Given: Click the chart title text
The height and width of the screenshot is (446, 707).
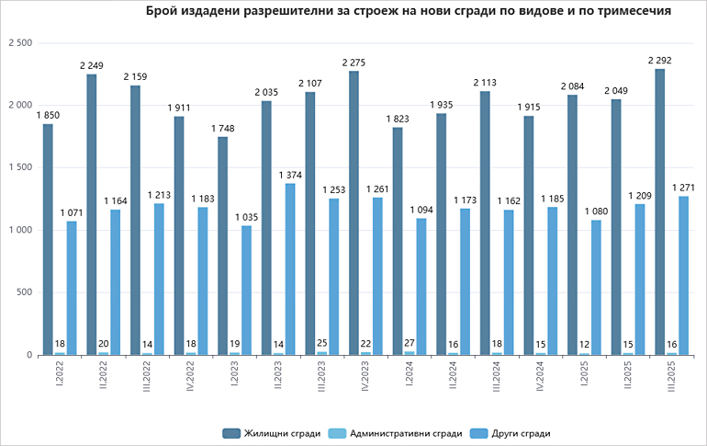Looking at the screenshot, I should click(408, 12).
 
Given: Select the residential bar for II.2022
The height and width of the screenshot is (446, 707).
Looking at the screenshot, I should click(92, 214).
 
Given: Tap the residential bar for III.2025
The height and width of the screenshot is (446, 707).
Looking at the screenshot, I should click(660, 212).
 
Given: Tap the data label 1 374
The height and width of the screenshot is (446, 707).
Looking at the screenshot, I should click(289, 175).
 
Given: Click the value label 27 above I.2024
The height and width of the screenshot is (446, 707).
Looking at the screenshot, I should click(410, 343).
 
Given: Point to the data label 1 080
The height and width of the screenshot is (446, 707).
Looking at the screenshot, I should click(596, 212).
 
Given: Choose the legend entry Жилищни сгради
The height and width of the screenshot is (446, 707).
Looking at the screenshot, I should click(272, 432).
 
